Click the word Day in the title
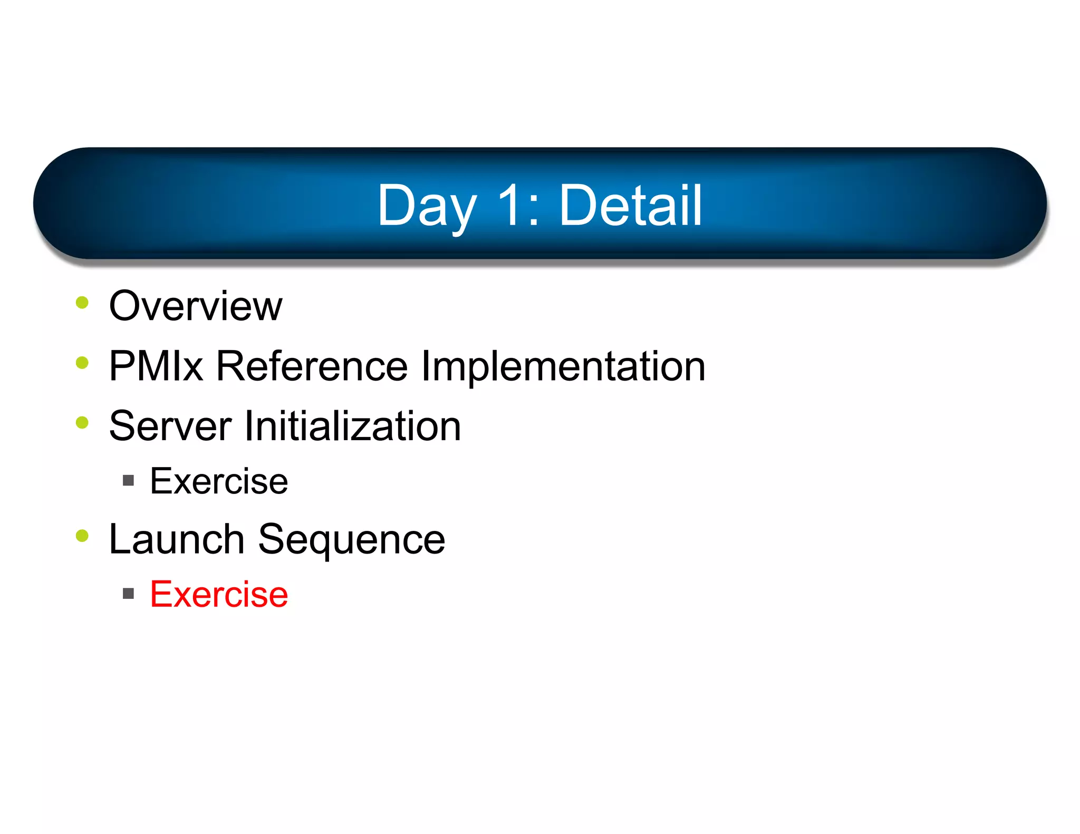(x=426, y=207)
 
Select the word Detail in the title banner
(x=630, y=206)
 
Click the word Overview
(x=196, y=306)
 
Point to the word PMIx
(x=156, y=366)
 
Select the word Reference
(x=312, y=366)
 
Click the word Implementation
(x=563, y=367)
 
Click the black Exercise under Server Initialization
(x=219, y=481)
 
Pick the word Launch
(x=176, y=539)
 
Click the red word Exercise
(x=219, y=595)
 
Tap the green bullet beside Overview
(x=82, y=303)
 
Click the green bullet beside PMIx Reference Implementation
(x=82, y=363)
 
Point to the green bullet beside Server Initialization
(x=82, y=423)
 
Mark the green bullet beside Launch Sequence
(x=82, y=536)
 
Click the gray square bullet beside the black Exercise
(x=128, y=480)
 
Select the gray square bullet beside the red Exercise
(x=128, y=594)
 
